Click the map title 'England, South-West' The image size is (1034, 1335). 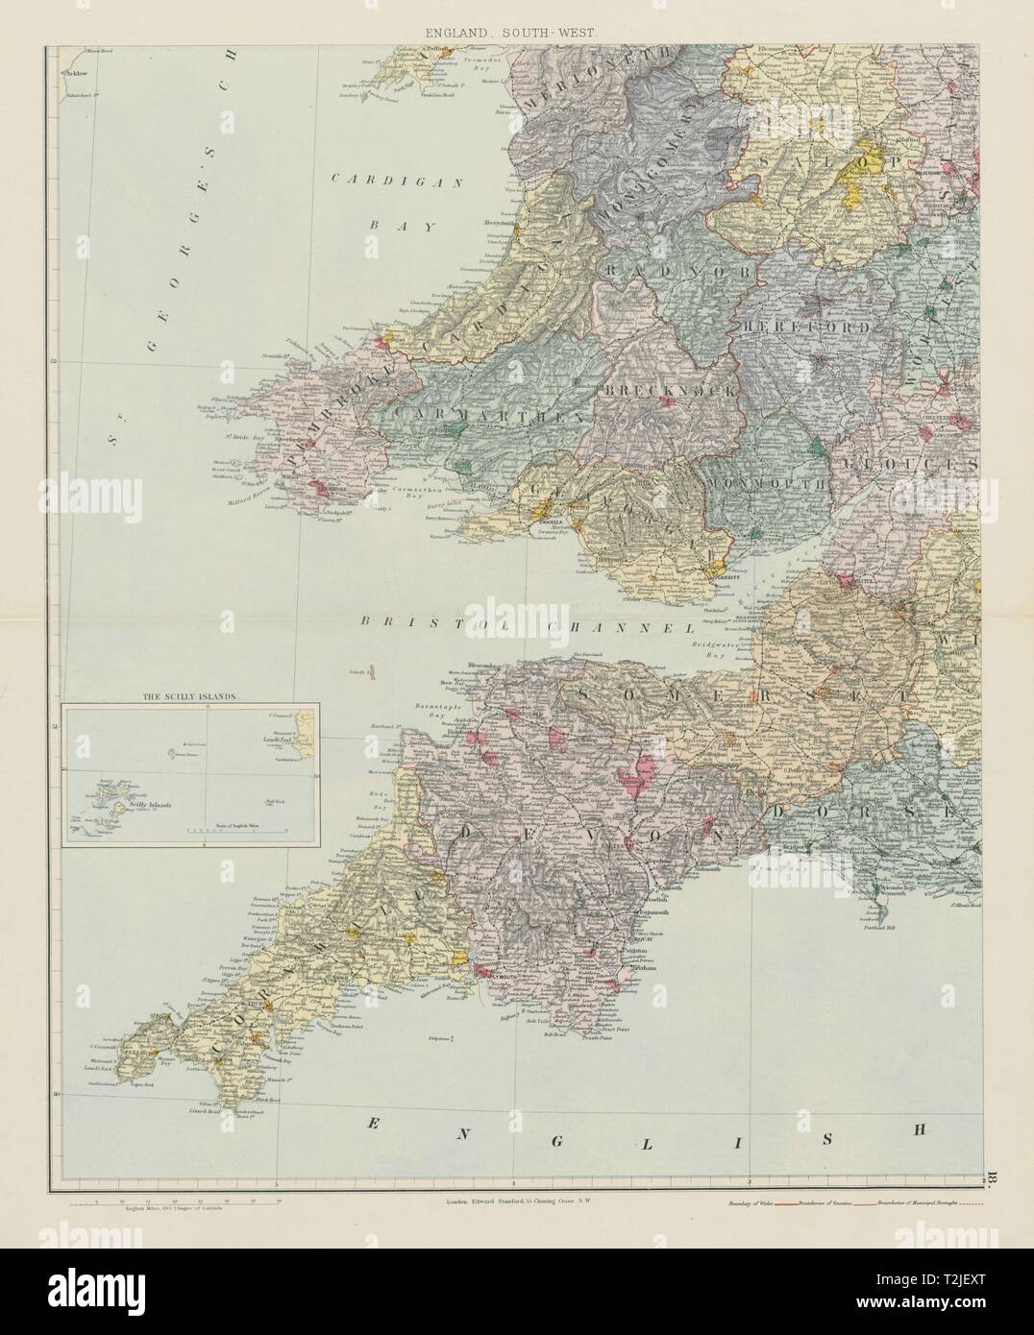tap(518, 33)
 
